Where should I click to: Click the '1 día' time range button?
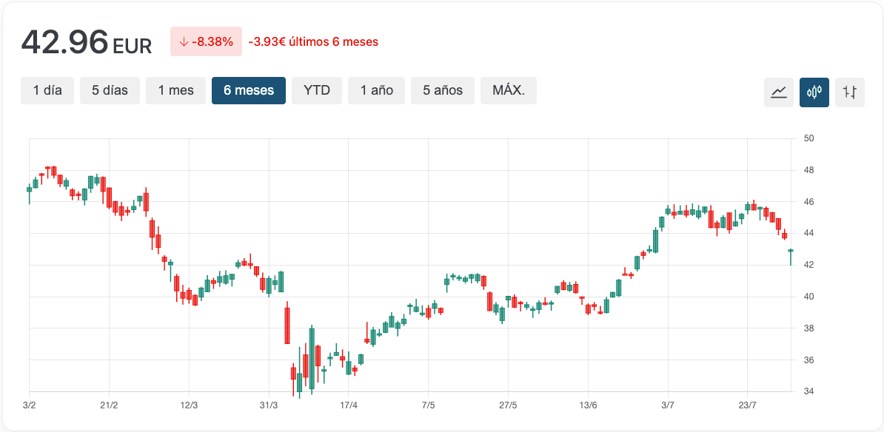coord(47,90)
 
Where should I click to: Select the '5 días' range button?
coord(110,90)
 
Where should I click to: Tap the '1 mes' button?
coord(175,90)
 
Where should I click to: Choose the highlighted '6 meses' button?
coord(249,90)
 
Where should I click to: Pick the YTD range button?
coord(317,90)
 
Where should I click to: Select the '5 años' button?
coord(443,90)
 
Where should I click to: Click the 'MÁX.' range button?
coord(509,90)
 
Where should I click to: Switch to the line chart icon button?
coord(779,92)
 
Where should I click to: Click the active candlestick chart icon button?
coord(814,92)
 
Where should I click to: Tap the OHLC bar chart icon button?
coord(850,92)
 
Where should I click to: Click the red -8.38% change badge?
coord(206,41)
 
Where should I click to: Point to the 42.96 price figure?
coord(65,42)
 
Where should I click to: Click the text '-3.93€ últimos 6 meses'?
coord(313,42)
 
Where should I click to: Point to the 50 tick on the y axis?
coord(808,138)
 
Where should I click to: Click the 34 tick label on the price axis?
coord(808,391)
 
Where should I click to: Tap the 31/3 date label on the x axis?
coord(269,405)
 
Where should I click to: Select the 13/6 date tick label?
coord(588,405)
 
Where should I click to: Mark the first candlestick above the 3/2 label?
coord(30,189)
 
